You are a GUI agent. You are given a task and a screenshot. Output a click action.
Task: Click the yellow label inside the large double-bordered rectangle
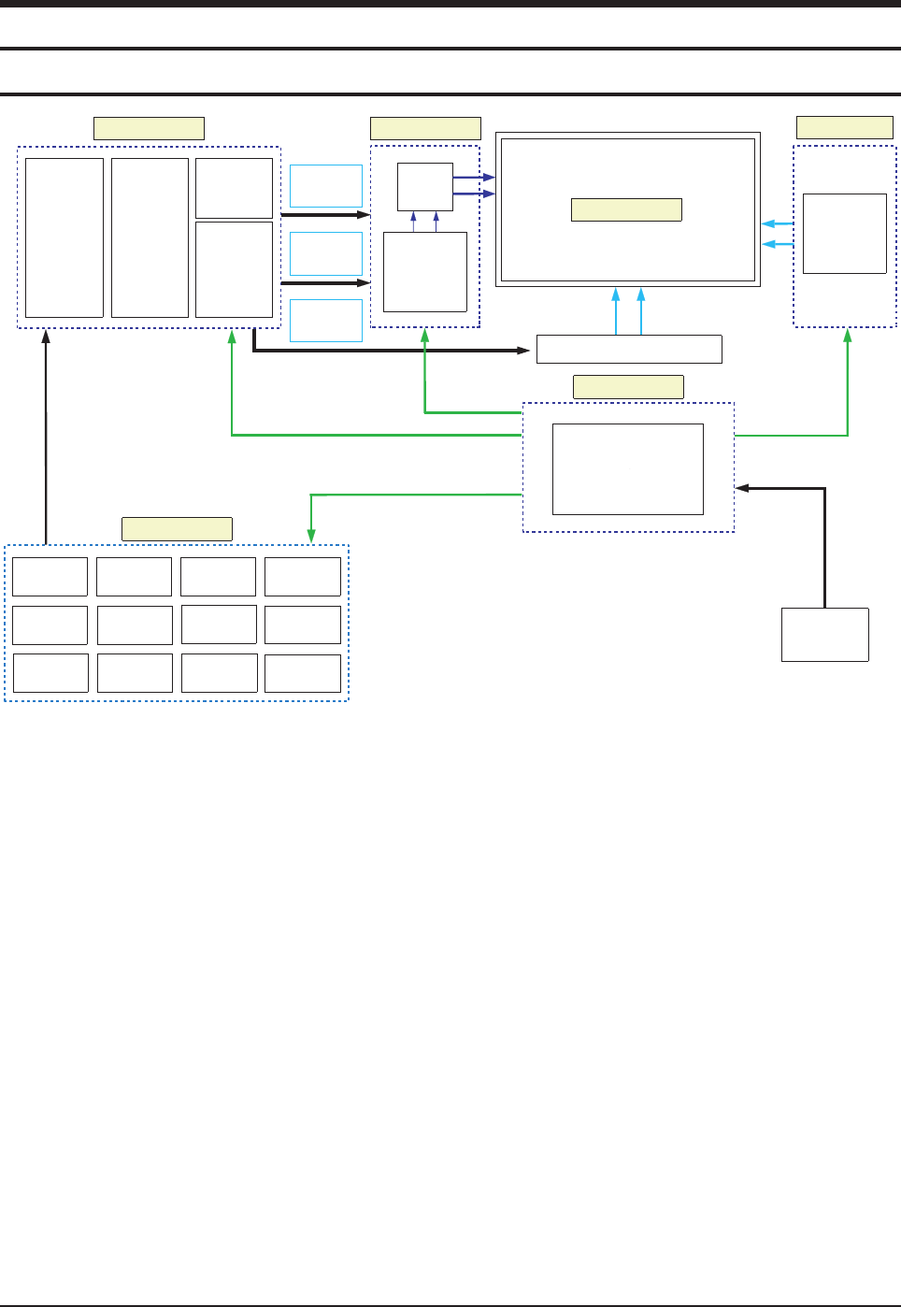(x=626, y=209)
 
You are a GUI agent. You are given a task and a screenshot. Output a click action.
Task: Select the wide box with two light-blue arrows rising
(x=629, y=349)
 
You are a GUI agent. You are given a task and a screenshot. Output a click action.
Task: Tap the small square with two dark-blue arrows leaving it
(x=424, y=187)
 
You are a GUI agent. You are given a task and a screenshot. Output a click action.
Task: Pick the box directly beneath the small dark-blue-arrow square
(x=425, y=272)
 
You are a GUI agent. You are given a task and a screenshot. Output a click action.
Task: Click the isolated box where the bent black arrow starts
(x=825, y=635)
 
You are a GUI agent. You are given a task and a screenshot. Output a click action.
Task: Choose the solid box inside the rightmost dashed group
(x=845, y=234)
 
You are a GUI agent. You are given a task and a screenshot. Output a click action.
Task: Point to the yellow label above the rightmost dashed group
(x=844, y=127)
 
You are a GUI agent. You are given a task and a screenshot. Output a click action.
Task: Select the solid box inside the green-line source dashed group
(x=628, y=469)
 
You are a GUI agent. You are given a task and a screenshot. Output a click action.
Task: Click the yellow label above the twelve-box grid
(x=177, y=529)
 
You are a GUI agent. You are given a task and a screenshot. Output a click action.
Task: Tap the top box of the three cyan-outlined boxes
(x=326, y=186)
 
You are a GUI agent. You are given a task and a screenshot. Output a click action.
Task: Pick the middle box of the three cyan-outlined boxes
(x=326, y=253)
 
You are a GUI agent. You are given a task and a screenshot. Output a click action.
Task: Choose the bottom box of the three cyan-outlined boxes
(x=326, y=321)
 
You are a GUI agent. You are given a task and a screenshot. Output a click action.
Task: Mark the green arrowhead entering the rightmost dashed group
(x=848, y=334)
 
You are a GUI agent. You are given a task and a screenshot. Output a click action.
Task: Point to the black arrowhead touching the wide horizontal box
(x=524, y=351)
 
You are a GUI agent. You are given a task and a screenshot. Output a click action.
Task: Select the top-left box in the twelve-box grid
(x=50, y=577)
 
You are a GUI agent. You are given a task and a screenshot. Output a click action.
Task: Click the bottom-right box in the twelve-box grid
(x=303, y=673)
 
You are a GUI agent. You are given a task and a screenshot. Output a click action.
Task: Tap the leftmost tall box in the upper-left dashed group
(x=64, y=238)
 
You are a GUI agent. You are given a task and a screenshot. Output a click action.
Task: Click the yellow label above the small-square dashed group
(x=425, y=128)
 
